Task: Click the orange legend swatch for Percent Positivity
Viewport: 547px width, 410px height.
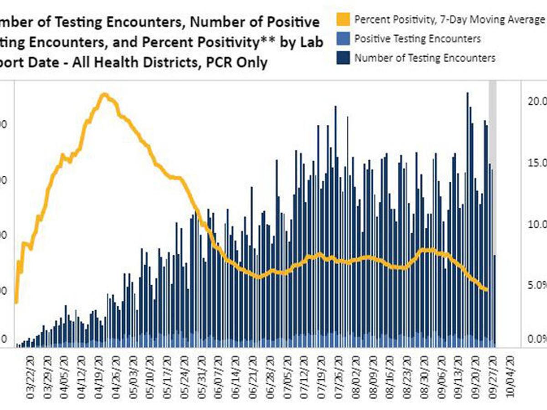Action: tap(344, 20)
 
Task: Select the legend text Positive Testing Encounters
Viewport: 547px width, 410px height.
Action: tap(417, 39)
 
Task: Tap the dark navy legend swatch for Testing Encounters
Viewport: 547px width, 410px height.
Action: tap(344, 58)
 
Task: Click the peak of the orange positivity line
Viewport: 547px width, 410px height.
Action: tap(104, 95)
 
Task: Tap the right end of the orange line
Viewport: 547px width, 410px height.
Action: tap(486, 289)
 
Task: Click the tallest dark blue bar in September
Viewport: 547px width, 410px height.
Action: tap(467, 93)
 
